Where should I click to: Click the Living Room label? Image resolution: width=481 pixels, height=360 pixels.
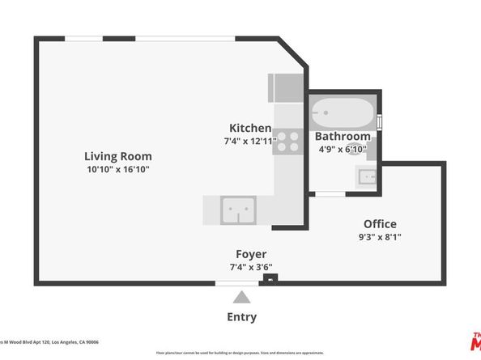pos(118,156)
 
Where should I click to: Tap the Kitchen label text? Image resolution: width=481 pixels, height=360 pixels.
pos(250,128)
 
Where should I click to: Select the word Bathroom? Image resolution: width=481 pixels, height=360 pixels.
pos(343,136)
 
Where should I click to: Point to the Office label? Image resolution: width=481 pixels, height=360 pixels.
pos(380,224)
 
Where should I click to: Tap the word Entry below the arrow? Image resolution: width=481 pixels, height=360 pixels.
pos(241,317)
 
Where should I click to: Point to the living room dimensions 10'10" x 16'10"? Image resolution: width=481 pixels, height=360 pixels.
pos(118,169)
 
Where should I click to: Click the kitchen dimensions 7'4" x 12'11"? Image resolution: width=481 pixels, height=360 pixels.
pos(250,141)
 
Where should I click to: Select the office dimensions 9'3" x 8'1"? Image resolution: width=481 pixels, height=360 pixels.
pos(380,237)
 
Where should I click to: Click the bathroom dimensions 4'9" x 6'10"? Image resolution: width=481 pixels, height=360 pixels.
pos(343,149)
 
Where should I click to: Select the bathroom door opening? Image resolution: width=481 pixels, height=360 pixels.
pos(329,193)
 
